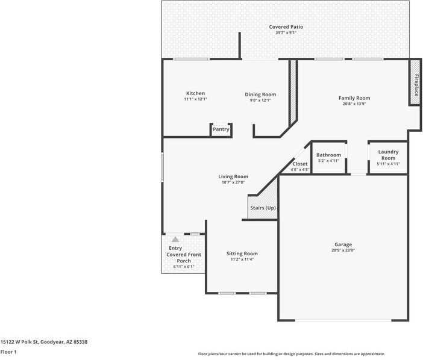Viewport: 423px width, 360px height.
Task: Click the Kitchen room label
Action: pyautogui.click(x=195, y=93)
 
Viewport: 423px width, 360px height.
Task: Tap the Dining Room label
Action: pyautogui.click(x=260, y=95)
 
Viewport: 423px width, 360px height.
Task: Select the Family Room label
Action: pyautogui.click(x=354, y=98)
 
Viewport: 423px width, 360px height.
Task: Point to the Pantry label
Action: pyautogui.click(x=221, y=129)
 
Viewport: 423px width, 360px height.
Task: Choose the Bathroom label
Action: pyautogui.click(x=328, y=155)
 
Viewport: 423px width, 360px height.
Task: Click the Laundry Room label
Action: pyautogui.click(x=387, y=155)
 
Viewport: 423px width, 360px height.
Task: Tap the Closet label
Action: pyautogui.click(x=300, y=164)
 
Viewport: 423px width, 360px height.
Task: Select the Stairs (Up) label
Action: pyautogui.click(x=263, y=208)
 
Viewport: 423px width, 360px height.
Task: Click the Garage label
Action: pyautogui.click(x=343, y=244)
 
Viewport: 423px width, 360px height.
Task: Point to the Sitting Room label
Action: pyautogui.click(x=242, y=253)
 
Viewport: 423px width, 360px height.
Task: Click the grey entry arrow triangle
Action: pyautogui.click(x=175, y=239)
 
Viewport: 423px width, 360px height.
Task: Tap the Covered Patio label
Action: pyautogui.click(x=286, y=26)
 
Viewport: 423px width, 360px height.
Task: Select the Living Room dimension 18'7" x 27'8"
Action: pyautogui.click(x=233, y=182)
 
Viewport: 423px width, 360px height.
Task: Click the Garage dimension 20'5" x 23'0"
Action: pyautogui.click(x=343, y=250)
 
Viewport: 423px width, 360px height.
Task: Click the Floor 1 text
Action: pyautogui.click(x=8, y=352)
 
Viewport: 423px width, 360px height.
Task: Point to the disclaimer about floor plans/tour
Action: pyautogui.click(x=291, y=354)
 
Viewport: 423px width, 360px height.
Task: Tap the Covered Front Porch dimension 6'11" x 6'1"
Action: pyautogui.click(x=184, y=267)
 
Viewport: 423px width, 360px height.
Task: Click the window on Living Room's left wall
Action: pyautogui.click(x=162, y=167)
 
